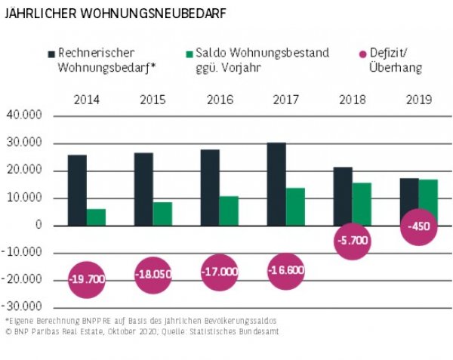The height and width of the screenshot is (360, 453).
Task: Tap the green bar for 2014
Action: (x=96, y=217)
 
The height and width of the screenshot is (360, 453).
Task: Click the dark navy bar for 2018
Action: (x=342, y=196)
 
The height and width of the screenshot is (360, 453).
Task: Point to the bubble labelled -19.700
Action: (x=87, y=279)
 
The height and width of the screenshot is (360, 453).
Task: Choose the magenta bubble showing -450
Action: (x=419, y=226)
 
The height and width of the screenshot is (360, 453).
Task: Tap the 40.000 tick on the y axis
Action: (x=26, y=115)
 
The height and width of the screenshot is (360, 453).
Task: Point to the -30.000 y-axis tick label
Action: (x=24, y=307)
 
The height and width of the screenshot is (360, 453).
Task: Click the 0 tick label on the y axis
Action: (x=38, y=226)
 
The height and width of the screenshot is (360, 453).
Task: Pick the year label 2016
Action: (x=219, y=99)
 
